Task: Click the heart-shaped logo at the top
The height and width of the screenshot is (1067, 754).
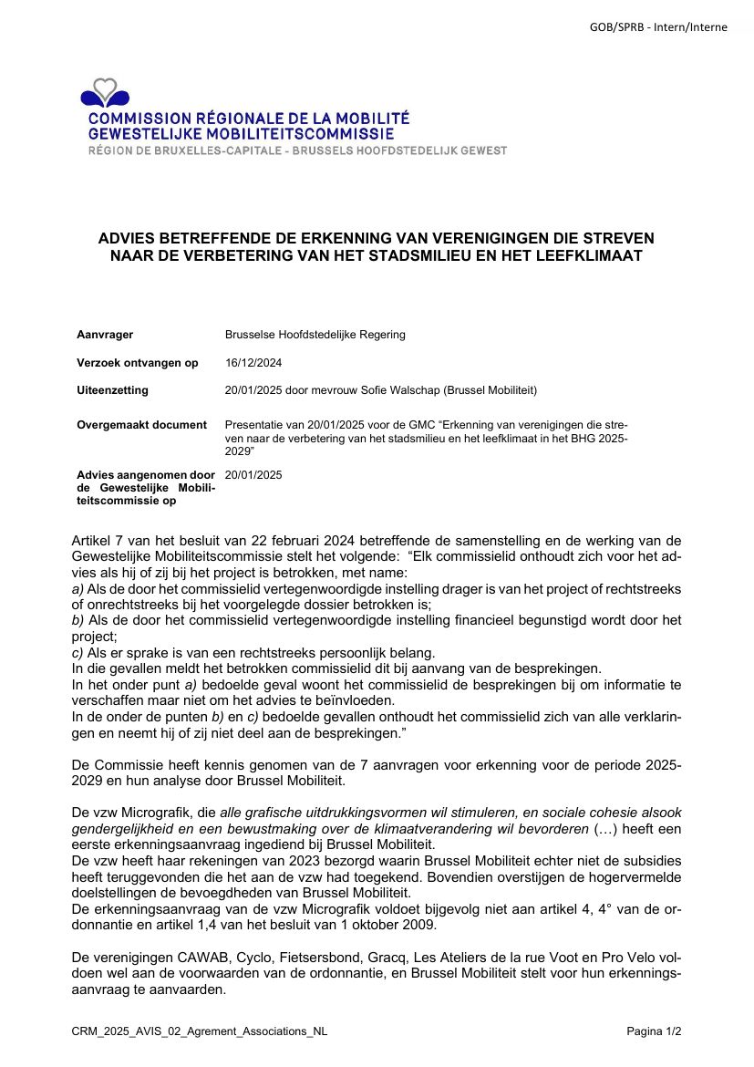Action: click(106, 92)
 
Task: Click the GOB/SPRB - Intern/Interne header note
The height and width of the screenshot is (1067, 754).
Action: click(658, 27)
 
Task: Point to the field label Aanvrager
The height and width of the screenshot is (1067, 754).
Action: click(105, 335)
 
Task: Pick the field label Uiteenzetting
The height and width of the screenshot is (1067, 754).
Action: click(112, 390)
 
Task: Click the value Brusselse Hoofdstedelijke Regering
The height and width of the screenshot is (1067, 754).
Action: click(315, 335)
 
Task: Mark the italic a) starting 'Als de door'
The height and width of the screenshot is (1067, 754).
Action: click(77, 589)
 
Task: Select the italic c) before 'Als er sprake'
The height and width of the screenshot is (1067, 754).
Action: click(77, 652)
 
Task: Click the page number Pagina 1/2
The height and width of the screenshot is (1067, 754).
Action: click(654, 1031)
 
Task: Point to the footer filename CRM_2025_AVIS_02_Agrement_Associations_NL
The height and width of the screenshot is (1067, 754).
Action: click(200, 1031)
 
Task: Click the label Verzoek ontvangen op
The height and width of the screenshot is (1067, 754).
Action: click(138, 363)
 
